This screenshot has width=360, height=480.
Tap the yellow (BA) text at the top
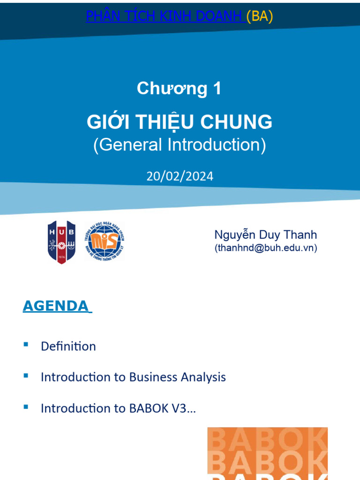pos(260,16)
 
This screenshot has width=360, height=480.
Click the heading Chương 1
pos(179,89)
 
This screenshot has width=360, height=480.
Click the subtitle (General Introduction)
pos(180,145)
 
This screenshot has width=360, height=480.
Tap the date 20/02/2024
pos(180,176)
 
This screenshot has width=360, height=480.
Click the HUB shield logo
pos(61,242)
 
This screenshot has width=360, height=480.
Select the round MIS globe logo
pos(105,241)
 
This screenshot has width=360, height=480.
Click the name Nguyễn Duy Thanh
pos(265,235)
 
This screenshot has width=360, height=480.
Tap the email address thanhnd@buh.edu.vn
pos(266,248)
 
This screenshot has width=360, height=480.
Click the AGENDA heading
pos(56,306)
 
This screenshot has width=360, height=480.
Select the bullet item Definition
pos(68,346)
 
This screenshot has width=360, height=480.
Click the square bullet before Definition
pos(26,345)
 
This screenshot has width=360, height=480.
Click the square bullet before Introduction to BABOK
pos(26,406)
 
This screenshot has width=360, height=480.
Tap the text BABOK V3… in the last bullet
pos(162,408)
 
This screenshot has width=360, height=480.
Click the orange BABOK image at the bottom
pos(267,453)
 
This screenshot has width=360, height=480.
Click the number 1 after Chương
pos(216,89)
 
